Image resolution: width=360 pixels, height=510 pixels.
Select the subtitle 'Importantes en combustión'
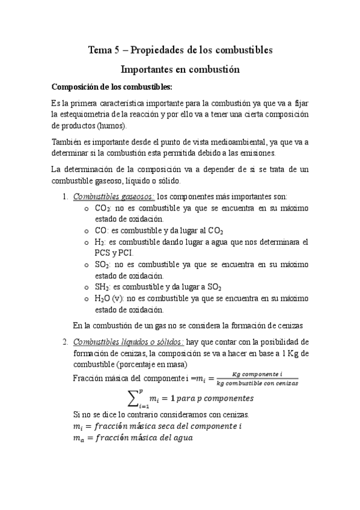[180, 69]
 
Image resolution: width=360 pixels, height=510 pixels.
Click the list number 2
[66, 343]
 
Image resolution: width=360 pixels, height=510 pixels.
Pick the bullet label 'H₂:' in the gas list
[101, 242]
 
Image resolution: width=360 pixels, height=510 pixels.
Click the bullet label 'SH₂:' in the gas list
[103, 287]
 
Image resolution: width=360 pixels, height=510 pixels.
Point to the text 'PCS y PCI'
[114, 253]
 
